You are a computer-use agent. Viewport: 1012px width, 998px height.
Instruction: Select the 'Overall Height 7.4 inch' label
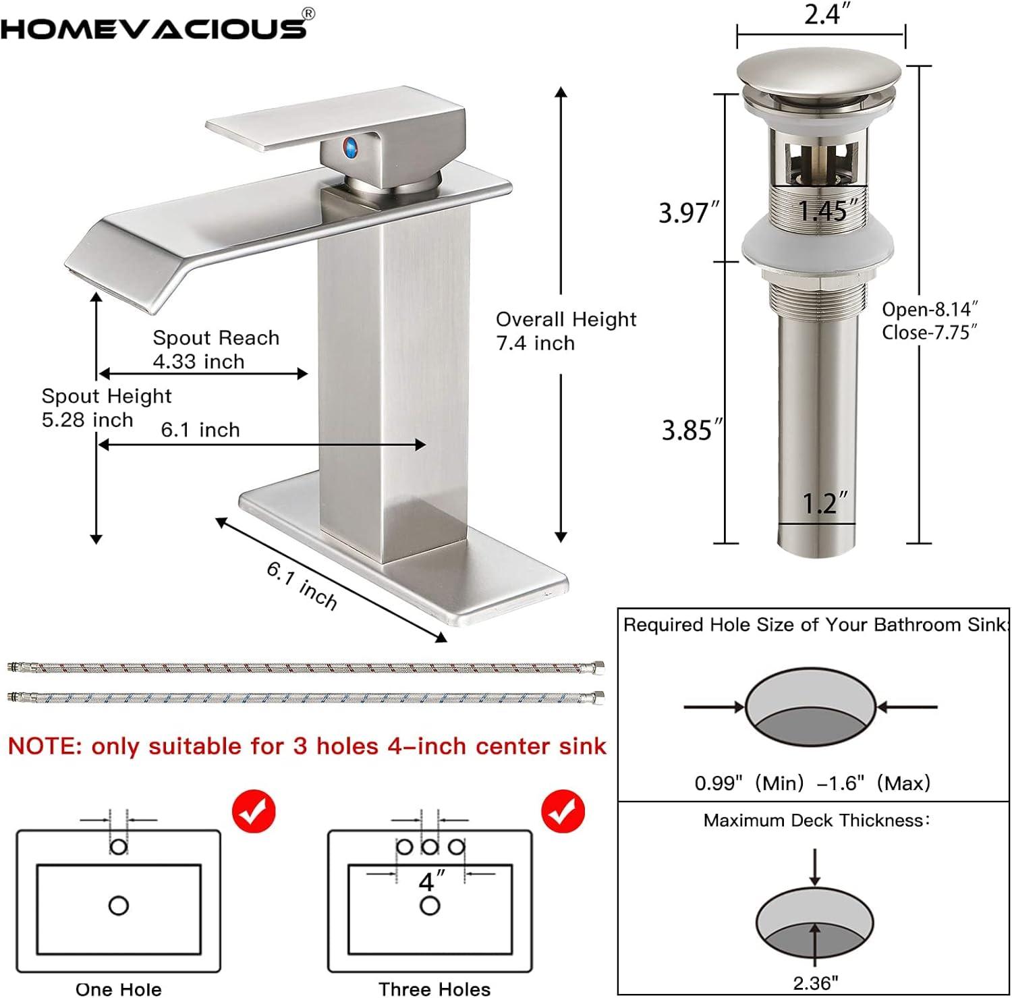point(565,331)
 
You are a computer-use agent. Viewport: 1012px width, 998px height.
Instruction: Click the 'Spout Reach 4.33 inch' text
point(215,349)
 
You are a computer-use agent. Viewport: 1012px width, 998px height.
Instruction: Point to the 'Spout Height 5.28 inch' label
point(106,408)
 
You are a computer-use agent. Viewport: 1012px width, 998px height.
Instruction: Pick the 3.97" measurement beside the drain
point(685,213)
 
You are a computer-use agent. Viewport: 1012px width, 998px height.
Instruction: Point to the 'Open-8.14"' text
point(930,309)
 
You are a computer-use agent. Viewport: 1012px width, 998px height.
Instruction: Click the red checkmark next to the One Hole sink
point(254,812)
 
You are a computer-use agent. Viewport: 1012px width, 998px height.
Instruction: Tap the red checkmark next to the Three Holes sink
point(563,812)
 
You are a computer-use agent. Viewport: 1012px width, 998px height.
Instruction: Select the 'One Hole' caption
point(118,989)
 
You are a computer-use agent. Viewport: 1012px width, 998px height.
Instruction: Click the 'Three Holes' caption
point(434,989)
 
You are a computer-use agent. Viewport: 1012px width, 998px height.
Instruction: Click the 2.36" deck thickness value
point(815,982)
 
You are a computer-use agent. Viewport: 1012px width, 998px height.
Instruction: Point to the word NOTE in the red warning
point(45,746)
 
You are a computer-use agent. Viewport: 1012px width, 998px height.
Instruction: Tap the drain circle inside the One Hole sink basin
point(118,906)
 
